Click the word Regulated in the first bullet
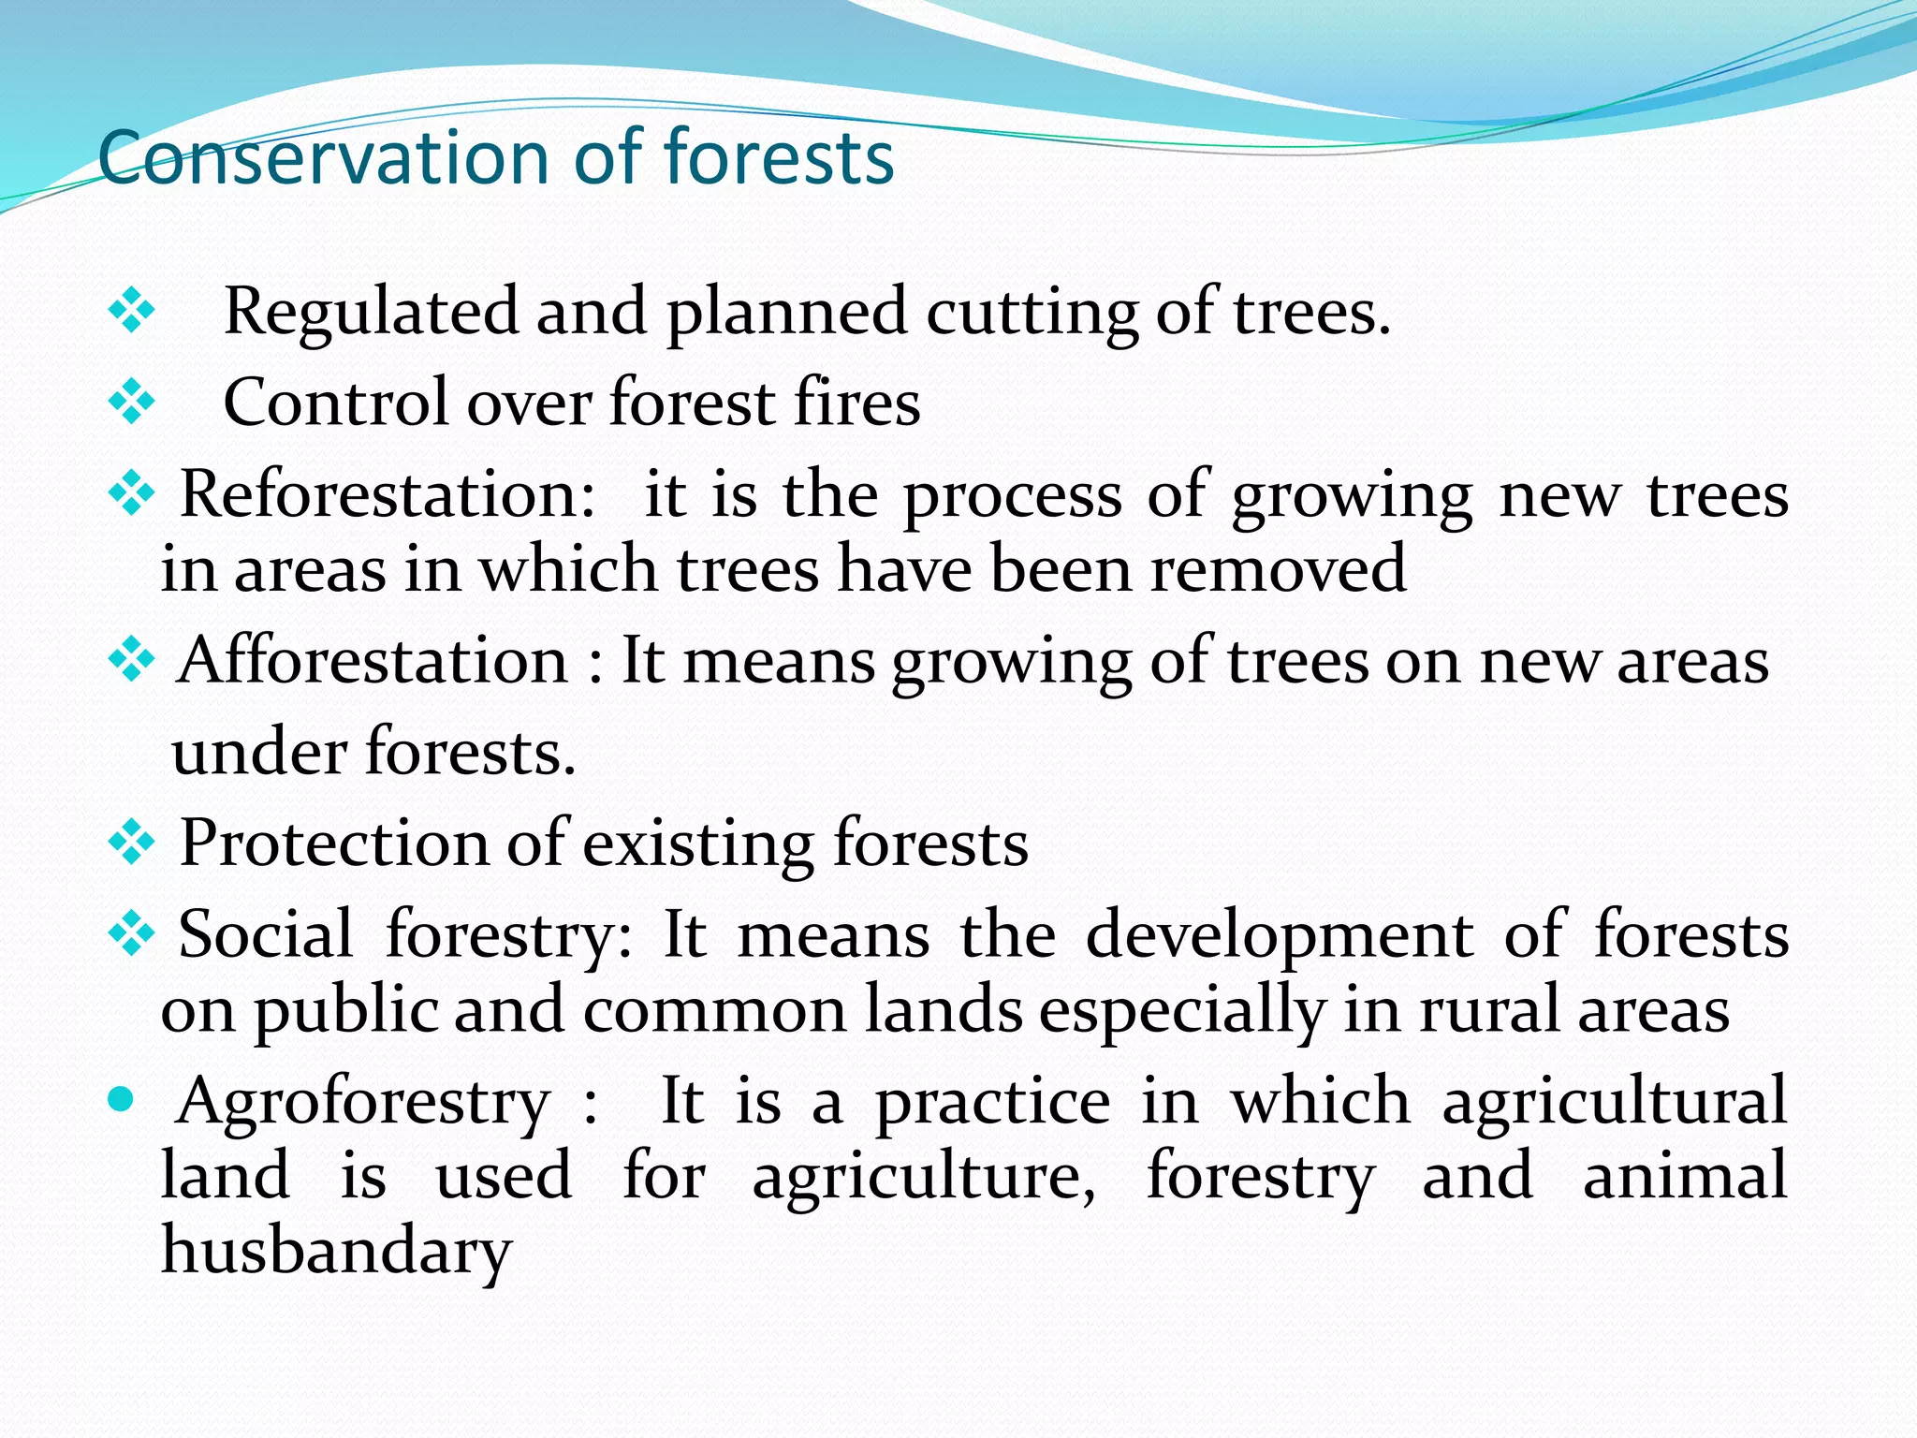point(371,312)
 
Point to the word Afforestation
point(373,661)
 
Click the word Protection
point(333,844)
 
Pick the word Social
point(266,934)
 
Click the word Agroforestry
point(363,1102)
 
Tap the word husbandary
point(336,1251)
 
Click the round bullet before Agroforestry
point(121,1098)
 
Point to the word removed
point(1278,569)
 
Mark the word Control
point(336,403)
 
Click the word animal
point(1685,1177)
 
